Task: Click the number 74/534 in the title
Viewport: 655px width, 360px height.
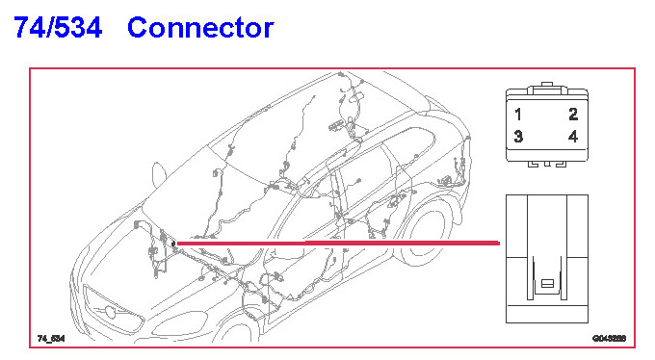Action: [58, 28]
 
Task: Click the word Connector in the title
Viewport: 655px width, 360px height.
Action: [200, 28]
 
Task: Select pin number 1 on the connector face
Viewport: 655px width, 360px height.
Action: [518, 114]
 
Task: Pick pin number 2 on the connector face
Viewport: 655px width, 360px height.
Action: [573, 114]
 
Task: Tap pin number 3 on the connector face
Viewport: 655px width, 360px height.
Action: [518, 136]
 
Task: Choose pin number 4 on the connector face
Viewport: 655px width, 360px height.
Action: [573, 136]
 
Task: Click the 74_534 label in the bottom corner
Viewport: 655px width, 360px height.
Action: [51, 338]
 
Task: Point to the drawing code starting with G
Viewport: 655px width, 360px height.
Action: [609, 338]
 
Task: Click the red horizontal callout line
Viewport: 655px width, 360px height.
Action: [337, 244]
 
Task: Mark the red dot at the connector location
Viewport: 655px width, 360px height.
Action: [173, 244]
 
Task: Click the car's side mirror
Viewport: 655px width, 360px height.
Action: [159, 174]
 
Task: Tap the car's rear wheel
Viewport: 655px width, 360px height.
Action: [426, 234]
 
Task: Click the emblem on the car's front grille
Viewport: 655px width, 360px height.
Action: [110, 311]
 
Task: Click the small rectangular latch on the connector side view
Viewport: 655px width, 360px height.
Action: [547, 284]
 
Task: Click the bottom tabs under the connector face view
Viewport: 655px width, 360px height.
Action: [547, 165]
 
